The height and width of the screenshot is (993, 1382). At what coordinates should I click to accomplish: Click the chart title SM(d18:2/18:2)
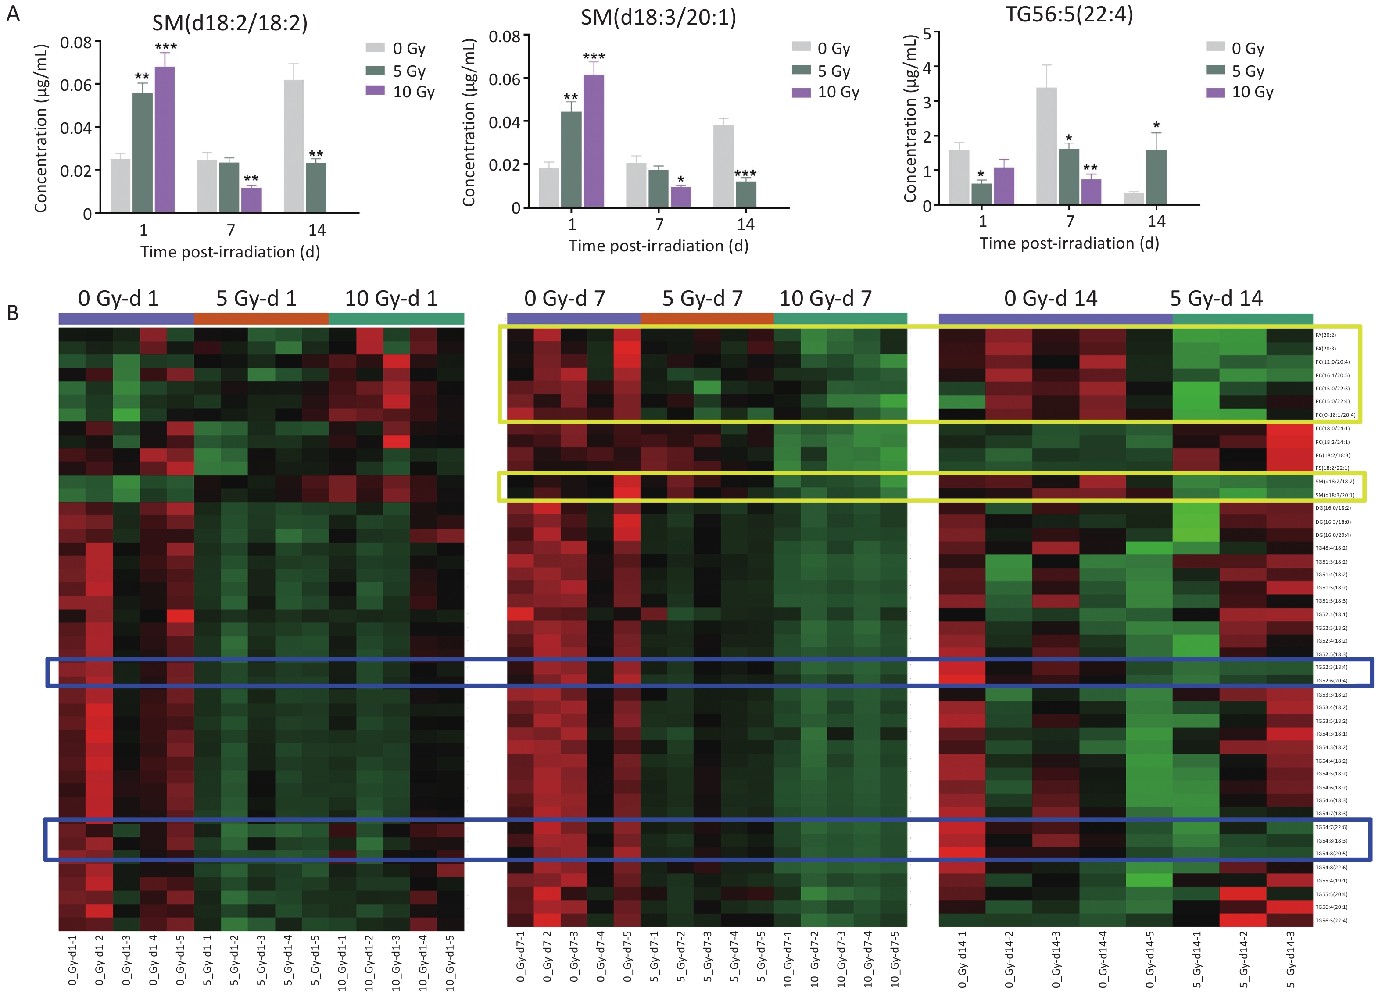[230, 23]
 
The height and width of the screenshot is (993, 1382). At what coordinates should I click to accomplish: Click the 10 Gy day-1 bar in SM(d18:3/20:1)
[594, 141]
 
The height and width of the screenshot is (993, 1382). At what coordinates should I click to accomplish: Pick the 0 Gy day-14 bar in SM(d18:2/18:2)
[294, 146]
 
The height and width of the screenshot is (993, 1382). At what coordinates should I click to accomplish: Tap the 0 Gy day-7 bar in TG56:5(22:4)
[1046, 146]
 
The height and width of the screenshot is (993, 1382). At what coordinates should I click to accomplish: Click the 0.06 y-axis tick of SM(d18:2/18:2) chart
[75, 85]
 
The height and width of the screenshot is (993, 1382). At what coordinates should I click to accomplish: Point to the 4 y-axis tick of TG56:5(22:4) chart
[927, 67]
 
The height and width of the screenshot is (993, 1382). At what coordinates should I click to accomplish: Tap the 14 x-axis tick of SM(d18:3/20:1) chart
[745, 225]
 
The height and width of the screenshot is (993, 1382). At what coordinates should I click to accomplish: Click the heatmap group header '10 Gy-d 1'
[391, 299]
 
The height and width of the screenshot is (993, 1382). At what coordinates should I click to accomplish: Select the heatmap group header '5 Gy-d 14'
[1216, 299]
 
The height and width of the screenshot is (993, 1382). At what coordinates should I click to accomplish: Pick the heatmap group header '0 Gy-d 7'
[564, 299]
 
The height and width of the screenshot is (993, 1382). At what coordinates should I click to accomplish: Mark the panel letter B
[13, 313]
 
